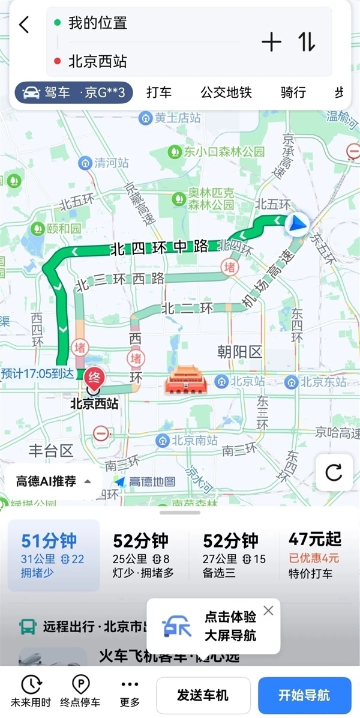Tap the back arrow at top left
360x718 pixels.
(24, 25)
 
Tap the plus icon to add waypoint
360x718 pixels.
(271, 42)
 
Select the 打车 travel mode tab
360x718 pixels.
(159, 92)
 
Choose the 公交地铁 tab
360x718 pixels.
(226, 92)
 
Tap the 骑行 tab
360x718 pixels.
(293, 92)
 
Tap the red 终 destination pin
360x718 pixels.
(93, 378)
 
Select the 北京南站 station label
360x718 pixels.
(187, 441)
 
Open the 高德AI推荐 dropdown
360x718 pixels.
(54, 481)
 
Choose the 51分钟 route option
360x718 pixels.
(53, 555)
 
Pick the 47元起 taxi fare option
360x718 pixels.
(314, 555)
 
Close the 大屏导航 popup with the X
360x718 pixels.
(268, 611)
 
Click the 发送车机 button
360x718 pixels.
(203, 695)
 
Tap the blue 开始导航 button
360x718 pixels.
(304, 695)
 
